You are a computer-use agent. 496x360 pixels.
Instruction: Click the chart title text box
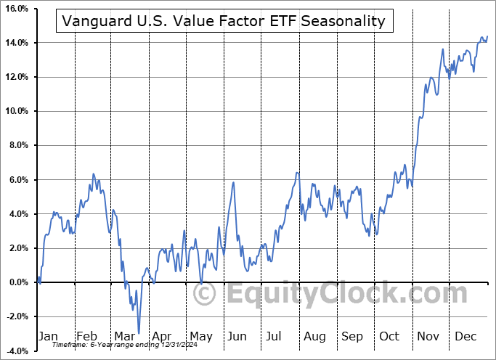(x=224, y=21)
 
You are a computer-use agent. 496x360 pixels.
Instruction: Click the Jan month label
(x=48, y=336)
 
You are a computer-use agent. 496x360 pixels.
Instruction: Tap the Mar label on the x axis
(x=124, y=336)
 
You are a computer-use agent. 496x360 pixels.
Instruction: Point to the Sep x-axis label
(x=352, y=336)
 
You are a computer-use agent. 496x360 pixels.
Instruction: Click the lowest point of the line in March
(x=138, y=333)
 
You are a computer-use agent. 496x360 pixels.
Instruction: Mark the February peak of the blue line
(x=93, y=174)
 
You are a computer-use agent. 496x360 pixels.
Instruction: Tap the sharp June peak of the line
(x=233, y=182)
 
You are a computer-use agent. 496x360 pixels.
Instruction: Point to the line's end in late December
(x=487, y=36)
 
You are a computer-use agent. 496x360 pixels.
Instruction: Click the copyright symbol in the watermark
(x=205, y=294)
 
